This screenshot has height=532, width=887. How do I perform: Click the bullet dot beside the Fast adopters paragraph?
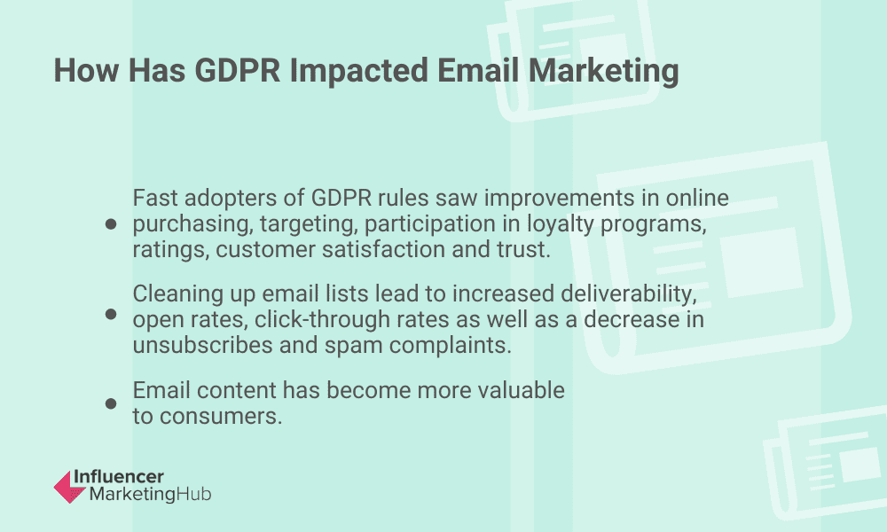tap(111, 224)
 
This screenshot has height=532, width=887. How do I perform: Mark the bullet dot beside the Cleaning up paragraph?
tap(111, 315)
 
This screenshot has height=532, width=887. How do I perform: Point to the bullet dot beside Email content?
tap(111, 403)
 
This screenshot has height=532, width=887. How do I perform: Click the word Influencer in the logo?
tap(127, 476)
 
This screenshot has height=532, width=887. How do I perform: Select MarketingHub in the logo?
tap(150, 494)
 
